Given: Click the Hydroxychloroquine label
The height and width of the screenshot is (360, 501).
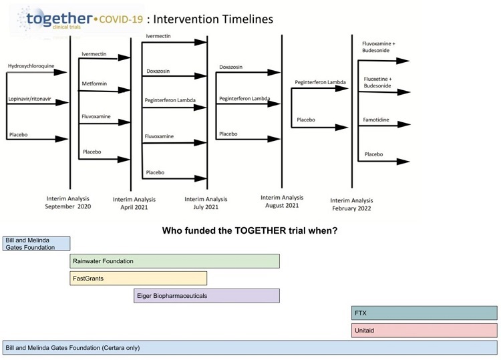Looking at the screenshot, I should click(x=31, y=66).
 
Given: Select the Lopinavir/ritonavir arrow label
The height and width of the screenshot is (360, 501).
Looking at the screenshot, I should click(x=29, y=100).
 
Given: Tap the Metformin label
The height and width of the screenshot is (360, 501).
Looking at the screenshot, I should click(x=94, y=83).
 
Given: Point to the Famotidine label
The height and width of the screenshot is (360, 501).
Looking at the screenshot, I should click(x=377, y=120).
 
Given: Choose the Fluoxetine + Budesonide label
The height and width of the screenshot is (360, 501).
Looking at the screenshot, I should click(x=378, y=82).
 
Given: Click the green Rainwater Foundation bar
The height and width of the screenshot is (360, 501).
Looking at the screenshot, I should click(x=174, y=261).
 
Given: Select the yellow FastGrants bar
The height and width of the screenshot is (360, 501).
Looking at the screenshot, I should click(x=138, y=279).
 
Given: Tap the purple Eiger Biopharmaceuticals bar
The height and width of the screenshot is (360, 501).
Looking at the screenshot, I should click(x=206, y=296).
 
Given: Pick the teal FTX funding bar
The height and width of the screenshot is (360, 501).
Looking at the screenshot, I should click(x=424, y=313).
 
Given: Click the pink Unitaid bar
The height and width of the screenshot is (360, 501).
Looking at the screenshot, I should click(x=424, y=331).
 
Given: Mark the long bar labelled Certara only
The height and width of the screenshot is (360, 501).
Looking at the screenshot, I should click(x=250, y=348).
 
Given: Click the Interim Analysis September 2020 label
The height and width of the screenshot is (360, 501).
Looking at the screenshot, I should click(x=68, y=202).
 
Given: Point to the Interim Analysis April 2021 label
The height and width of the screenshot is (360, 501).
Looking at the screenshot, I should click(x=134, y=203).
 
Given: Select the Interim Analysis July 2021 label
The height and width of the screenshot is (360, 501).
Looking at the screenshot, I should click(x=206, y=203).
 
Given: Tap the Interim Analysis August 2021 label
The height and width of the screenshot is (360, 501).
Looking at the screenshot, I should click(x=281, y=202).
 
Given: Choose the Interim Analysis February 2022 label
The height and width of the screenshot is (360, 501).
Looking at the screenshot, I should click(x=352, y=204).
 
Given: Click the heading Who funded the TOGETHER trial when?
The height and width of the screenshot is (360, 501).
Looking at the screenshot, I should click(x=250, y=231).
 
